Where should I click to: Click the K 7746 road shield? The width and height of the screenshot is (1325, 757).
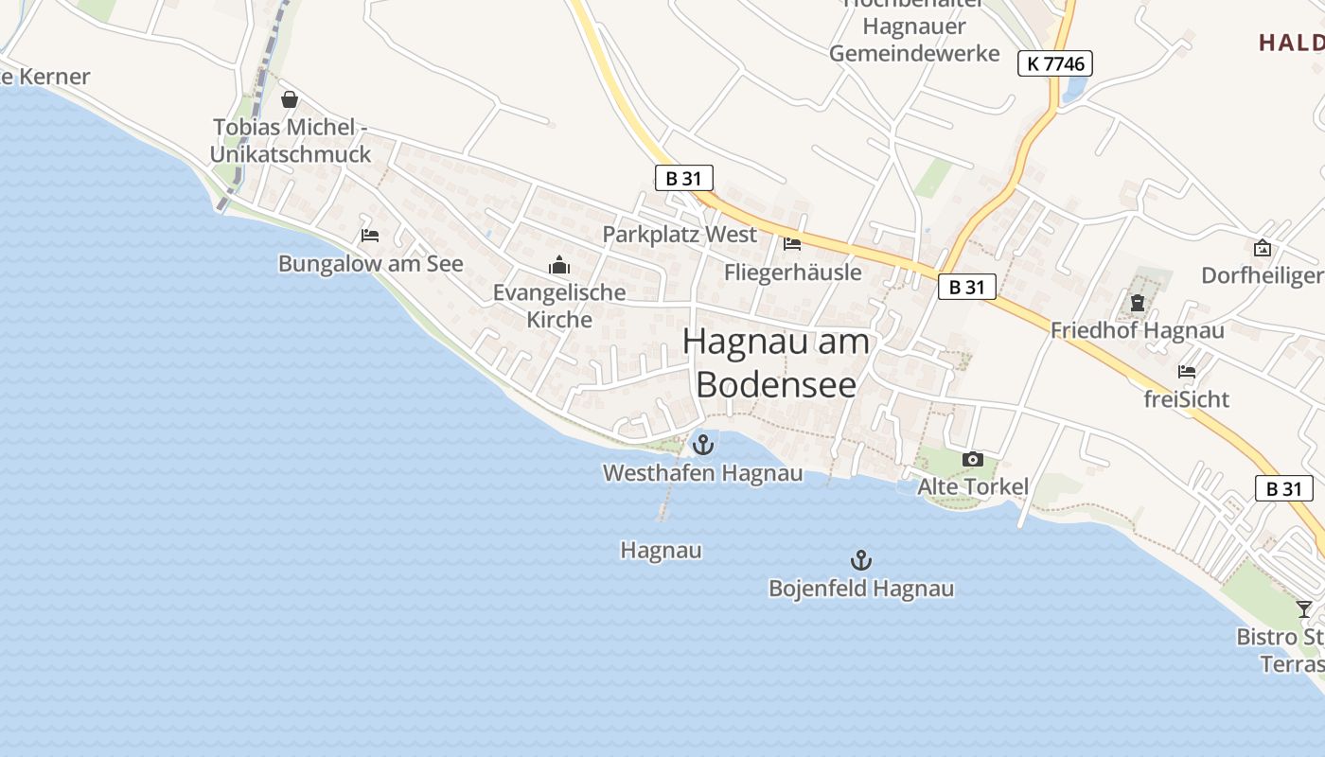[x=1055, y=63]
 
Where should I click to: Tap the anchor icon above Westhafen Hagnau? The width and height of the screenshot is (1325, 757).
[x=703, y=444]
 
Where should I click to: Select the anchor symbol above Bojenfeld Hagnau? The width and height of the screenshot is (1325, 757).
[x=860, y=559]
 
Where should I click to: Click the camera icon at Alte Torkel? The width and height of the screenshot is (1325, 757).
[x=972, y=460]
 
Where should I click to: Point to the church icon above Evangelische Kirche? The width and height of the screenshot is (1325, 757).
[x=559, y=265]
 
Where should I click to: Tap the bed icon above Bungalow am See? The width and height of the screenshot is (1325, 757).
[x=370, y=235]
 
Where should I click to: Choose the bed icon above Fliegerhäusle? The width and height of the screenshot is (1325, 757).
[x=792, y=244]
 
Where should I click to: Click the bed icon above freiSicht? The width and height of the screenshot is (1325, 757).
[x=1187, y=371]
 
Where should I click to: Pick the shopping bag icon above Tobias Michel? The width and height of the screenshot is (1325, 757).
[x=290, y=98]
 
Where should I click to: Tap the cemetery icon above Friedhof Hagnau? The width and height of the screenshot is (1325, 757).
[x=1137, y=303]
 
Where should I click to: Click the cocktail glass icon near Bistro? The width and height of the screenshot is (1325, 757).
[x=1304, y=608]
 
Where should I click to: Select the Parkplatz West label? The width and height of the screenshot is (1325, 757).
[x=680, y=235]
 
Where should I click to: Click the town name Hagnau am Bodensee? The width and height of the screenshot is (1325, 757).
[x=776, y=362]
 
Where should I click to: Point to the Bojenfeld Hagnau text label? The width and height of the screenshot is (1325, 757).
[x=860, y=589]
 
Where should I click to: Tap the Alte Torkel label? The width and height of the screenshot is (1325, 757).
[x=973, y=486]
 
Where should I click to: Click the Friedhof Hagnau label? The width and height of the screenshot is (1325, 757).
[x=1137, y=330]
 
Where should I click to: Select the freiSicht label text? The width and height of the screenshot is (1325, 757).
[x=1186, y=399]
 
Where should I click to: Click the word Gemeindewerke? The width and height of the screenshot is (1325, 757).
[x=914, y=53]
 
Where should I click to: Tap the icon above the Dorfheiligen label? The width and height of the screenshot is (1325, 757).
[x=1262, y=248]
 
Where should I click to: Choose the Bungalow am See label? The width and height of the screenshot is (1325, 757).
[x=370, y=264]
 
